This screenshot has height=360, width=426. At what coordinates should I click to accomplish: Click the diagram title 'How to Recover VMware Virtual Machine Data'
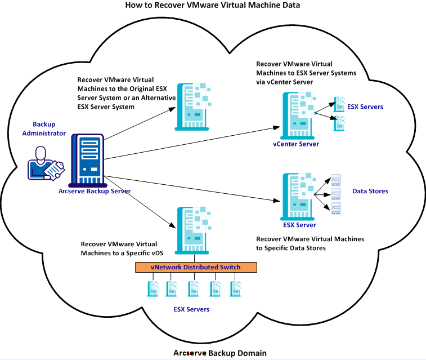coord(213,5)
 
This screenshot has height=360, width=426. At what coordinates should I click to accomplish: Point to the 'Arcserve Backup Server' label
coord(94,191)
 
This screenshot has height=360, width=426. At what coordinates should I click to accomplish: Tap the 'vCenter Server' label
coord(295,144)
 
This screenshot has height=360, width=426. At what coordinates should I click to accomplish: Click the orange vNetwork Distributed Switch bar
coord(195,267)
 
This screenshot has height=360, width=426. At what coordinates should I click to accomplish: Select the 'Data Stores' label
coord(370,192)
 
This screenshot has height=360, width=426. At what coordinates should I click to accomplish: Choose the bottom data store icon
coord(336,209)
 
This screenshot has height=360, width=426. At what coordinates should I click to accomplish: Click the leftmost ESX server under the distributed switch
coord(150,288)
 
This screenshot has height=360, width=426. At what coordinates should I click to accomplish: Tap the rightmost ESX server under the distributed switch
coord(236,288)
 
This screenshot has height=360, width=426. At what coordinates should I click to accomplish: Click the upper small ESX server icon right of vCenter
coord(339,104)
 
